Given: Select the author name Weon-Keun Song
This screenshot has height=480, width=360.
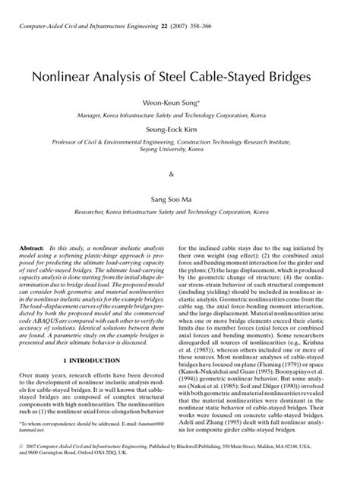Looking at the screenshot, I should click(x=180, y=103).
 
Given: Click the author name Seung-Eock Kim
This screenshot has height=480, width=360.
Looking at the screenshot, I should click(x=180, y=129).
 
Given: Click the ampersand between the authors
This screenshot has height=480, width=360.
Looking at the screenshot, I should click(x=180, y=173).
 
